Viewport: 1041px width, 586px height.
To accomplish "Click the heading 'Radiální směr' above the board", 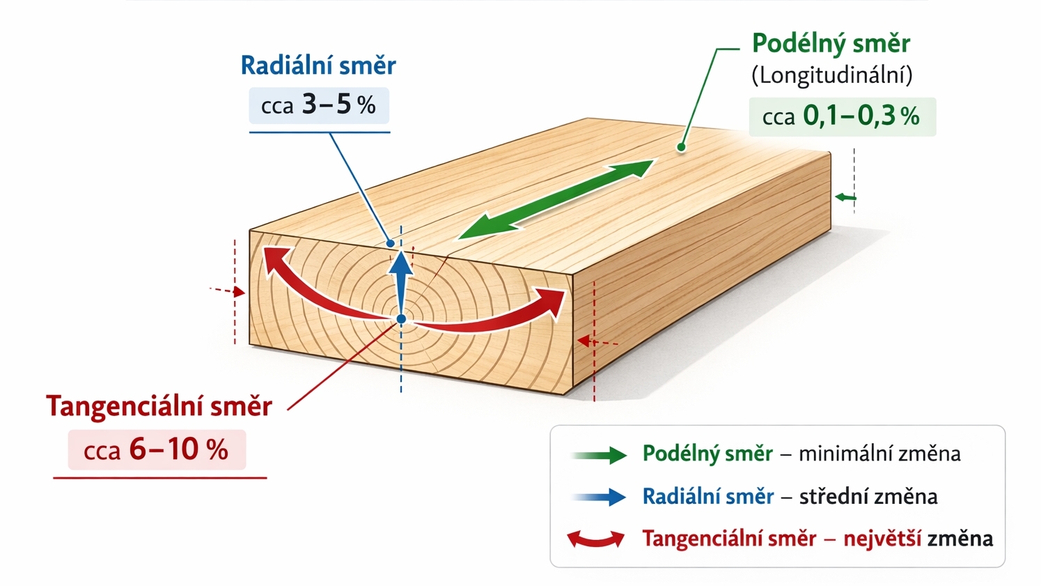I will click(x=318, y=65).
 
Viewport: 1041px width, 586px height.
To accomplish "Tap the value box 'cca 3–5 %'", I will click(x=319, y=105).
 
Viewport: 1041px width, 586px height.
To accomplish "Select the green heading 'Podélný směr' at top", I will click(x=831, y=44).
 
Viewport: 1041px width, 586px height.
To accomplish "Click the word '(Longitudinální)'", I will click(x=831, y=75).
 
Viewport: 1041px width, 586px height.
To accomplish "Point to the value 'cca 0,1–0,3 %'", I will click(x=841, y=116).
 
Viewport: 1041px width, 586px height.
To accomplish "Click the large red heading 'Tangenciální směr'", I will click(x=159, y=406).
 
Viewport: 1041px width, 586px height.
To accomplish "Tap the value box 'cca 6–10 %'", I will click(x=156, y=450).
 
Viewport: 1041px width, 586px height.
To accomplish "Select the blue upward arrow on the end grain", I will click(x=400, y=279).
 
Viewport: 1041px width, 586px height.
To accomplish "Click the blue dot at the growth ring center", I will click(x=401, y=319).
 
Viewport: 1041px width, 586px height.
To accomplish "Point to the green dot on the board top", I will click(x=681, y=147).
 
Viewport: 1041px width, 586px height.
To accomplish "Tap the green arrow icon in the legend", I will click(x=600, y=455).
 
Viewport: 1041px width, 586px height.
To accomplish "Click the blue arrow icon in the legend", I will click(x=600, y=497).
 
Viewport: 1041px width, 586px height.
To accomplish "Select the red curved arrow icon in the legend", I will click(x=596, y=539).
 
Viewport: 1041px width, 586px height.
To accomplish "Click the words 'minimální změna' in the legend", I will click(x=879, y=454).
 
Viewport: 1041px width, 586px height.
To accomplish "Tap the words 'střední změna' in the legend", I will click(x=868, y=497).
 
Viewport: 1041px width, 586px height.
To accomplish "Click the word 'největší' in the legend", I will click(x=882, y=539).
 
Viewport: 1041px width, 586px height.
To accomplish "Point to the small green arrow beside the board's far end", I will click(x=845, y=198).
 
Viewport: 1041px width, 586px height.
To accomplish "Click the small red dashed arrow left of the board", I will click(x=228, y=291).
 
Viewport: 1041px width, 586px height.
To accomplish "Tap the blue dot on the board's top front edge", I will click(x=391, y=243).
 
